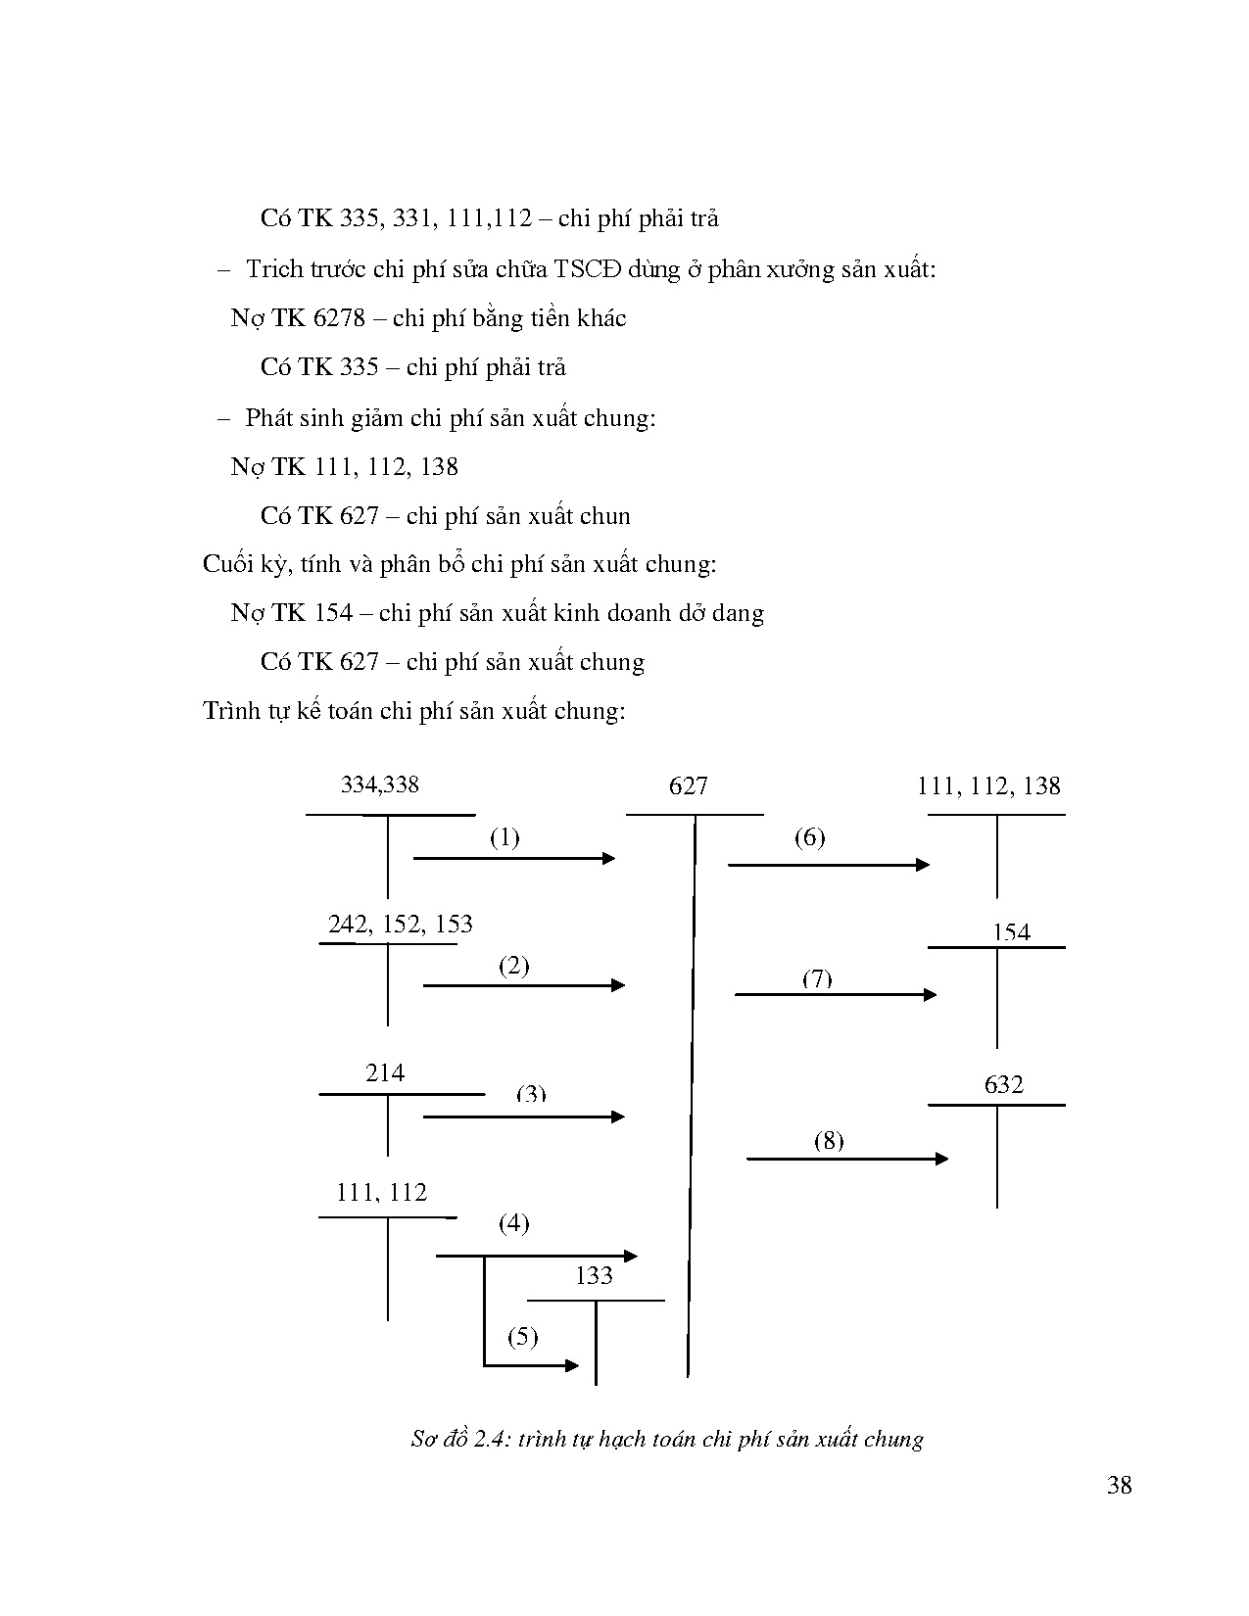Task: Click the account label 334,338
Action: point(379,784)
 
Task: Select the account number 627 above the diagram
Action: point(688,785)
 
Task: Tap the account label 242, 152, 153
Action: point(400,924)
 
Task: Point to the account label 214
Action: point(385,1073)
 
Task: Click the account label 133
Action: point(594,1275)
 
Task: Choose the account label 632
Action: point(1003,1084)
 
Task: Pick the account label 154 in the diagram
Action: point(1011,932)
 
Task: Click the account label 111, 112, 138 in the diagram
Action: point(988,785)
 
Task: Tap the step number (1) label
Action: point(504,837)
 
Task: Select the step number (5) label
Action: point(522,1337)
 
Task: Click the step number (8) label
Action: point(828,1140)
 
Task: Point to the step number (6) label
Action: point(809,837)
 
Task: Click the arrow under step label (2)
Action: point(523,985)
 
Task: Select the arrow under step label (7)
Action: point(835,995)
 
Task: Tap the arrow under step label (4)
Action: point(536,1256)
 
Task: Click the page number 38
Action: point(1120,1486)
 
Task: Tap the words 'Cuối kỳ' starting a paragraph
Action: point(234,564)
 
